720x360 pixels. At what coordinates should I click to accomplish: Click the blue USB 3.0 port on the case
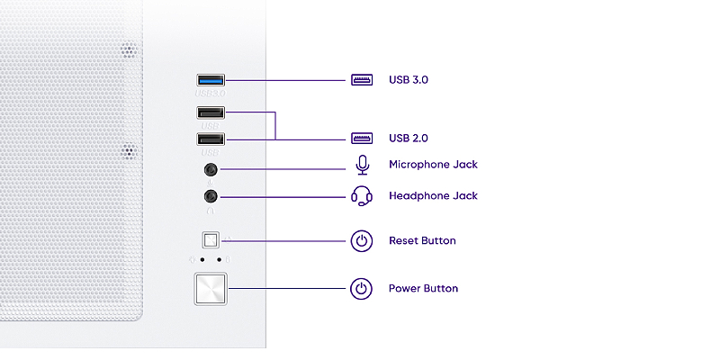point(211,81)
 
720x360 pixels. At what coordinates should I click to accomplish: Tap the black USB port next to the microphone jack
point(211,139)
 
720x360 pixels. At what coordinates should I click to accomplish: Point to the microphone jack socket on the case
point(211,168)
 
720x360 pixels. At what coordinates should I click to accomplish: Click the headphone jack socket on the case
point(211,196)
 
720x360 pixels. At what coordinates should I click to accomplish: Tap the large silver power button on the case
point(211,290)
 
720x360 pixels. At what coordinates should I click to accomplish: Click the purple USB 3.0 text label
point(408,79)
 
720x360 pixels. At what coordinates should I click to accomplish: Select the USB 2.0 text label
point(408,139)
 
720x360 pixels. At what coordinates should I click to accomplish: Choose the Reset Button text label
point(422,241)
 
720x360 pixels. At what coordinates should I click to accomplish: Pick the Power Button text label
point(423,289)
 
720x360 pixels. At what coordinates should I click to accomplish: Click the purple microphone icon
point(362,165)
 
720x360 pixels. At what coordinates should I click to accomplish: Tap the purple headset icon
point(362,195)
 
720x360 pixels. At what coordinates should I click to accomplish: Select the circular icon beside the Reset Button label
point(362,241)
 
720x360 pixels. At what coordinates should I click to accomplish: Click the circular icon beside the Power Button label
point(362,289)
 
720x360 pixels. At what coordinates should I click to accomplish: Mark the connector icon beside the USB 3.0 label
point(362,79)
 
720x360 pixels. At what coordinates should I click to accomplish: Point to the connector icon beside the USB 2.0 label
point(362,139)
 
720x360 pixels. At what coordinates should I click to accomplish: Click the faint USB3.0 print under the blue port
point(210,93)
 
